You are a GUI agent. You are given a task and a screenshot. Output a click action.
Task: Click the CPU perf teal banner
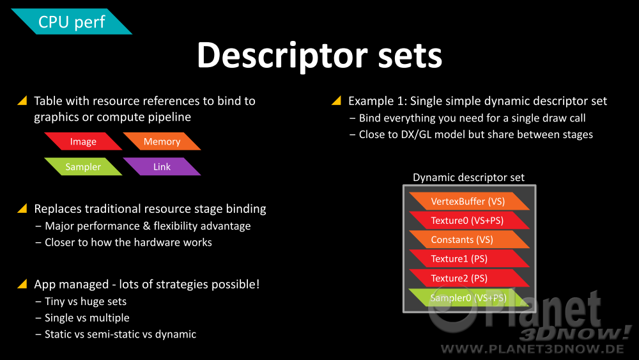pos(72,22)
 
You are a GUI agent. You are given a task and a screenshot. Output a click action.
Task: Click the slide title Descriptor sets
pos(319,56)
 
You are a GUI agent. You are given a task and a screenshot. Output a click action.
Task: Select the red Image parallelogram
pos(83,141)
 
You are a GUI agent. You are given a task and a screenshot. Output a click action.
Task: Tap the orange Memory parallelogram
pos(162,141)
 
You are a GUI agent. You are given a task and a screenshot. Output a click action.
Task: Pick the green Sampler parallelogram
pos(83,167)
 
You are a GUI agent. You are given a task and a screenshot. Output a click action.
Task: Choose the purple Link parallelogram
pos(162,167)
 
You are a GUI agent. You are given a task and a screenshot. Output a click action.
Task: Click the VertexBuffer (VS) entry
pos(469,201)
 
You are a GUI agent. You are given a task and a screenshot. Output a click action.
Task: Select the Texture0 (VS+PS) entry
pos(469,221)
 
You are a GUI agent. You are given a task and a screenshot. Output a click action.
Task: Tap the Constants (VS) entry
pos(469,240)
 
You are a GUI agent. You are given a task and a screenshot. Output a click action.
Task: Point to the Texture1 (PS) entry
pos(469,259)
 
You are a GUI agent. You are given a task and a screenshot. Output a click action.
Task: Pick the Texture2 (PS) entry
pos(469,278)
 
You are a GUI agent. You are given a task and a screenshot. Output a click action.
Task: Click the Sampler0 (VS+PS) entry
pos(469,297)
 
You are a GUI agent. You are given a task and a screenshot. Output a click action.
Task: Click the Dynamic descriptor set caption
pos(468,177)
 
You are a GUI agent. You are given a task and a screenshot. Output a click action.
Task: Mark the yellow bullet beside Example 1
pos(336,100)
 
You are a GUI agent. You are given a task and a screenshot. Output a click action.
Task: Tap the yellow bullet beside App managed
pos(22,284)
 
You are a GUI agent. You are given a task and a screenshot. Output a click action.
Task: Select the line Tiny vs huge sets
pos(86,301)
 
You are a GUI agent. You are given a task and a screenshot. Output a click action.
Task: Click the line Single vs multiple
pos(87,318)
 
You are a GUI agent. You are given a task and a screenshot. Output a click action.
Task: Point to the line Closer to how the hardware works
pos(128,242)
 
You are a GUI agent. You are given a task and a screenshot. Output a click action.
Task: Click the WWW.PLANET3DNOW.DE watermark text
pos(532,349)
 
